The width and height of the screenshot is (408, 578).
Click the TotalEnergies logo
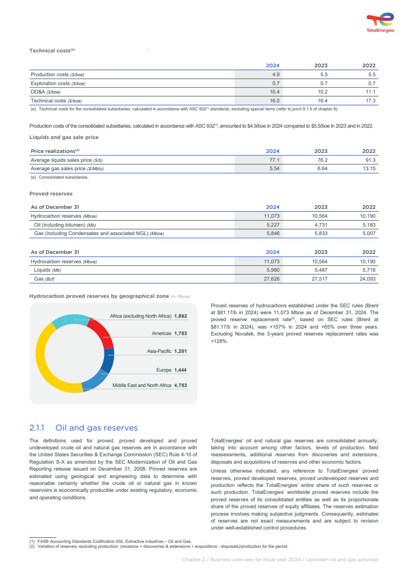click(380, 22)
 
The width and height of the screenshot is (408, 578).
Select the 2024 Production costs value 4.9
click(276, 74)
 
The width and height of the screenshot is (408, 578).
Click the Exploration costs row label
click(58, 83)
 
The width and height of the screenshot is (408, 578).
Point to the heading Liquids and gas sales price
click(64, 137)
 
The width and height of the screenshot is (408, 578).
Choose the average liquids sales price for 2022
click(369, 160)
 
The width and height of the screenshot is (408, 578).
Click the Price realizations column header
click(55, 151)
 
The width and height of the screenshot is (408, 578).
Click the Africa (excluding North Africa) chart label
click(140, 316)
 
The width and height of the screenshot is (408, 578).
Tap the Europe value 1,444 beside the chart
click(181, 370)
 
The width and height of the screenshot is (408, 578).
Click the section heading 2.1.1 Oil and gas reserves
click(84, 428)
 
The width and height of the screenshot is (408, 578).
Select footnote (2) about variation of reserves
click(158, 546)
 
